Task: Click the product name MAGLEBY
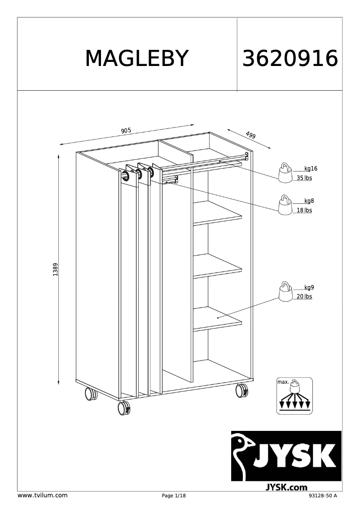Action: click(x=136, y=58)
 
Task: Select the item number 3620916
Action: click(x=290, y=58)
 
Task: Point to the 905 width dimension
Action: click(x=126, y=131)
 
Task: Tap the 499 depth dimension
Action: click(x=250, y=135)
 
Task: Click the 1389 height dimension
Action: click(x=55, y=270)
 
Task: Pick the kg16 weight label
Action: click(x=311, y=169)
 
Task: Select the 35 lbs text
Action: click(x=304, y=178)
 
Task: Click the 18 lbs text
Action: click(x=304, y=210)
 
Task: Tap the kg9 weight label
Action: click(x=309, y=287)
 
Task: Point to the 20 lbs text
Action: click(x=304, y=297)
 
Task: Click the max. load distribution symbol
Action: click(x=294, y=396)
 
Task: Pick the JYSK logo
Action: click(x=286, y=456)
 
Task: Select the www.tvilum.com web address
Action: click(x=42, y=496)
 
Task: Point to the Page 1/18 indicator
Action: click(x=174, y=496)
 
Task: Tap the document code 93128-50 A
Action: click(x=323, y=496)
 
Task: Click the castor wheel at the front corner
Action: click(x=123, y=408)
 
